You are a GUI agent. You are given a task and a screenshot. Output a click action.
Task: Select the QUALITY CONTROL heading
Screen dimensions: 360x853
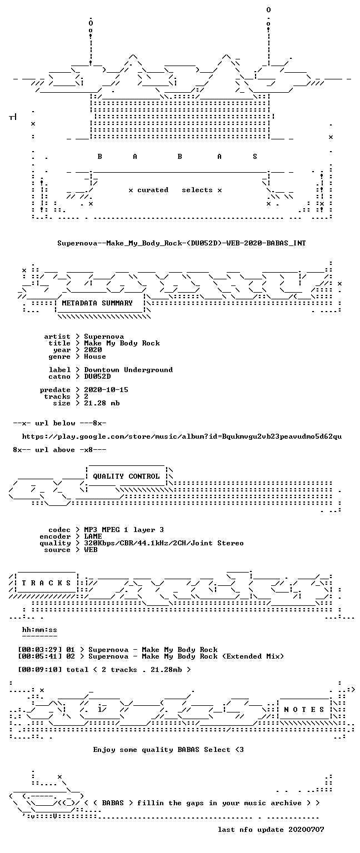click(x=126, y=476)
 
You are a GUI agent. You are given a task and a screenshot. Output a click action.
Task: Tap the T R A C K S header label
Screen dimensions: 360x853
click(x=46, y=583)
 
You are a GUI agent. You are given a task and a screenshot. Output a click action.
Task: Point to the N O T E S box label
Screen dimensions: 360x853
click(x=304, y=709)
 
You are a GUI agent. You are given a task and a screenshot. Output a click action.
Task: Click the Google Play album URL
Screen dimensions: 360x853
click(x=182, y=436)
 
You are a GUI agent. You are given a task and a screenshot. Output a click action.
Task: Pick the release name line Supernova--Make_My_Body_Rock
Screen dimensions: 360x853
click(x=182, y=243)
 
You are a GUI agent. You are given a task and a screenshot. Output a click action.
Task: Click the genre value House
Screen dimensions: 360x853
click(x=95, y=357)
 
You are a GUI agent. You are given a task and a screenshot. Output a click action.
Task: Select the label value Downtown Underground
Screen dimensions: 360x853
click(x=128, y=370)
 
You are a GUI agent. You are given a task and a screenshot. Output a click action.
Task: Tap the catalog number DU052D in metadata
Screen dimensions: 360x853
click(x=97, y=377)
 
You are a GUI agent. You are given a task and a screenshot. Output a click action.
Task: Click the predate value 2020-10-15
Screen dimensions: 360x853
click(x=106, y=389)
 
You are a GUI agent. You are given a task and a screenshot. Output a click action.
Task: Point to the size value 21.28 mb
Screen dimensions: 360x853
click(x=102, y=403)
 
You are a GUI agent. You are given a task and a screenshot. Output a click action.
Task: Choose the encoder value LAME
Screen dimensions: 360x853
click(x=93, y=536)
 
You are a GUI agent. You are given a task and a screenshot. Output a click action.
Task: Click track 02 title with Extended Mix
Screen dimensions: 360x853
click(x=186, y=656)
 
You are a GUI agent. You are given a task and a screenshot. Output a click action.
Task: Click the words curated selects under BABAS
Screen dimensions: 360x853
click(x=175, y=190)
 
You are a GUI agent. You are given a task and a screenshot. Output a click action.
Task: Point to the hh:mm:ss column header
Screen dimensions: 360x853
click(x=39, y=630)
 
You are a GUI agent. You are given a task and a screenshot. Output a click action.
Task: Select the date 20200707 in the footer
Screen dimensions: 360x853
click(x=306, y=830)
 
